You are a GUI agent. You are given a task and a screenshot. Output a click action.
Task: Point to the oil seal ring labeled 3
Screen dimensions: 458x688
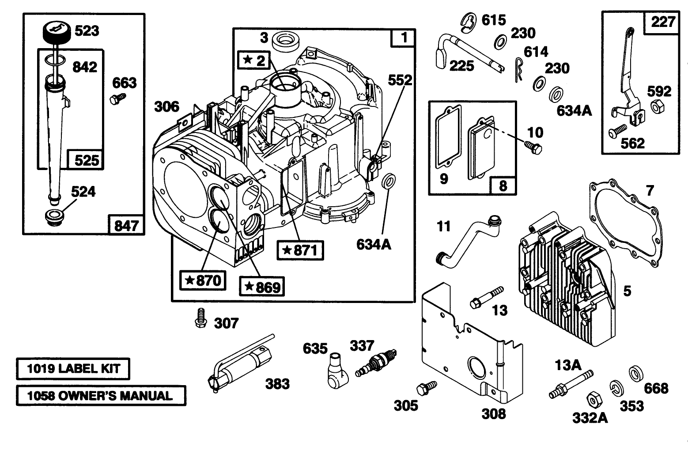pos(286,41)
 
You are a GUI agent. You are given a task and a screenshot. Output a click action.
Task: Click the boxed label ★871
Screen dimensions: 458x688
pos(300,250)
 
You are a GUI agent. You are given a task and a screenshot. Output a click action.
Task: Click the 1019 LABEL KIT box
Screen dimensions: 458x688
pos(73,369)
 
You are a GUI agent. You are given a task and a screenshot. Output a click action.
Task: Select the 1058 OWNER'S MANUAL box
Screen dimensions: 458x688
pos(101,395)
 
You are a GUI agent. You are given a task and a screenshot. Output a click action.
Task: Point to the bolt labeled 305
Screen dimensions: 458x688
pos(426,388)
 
